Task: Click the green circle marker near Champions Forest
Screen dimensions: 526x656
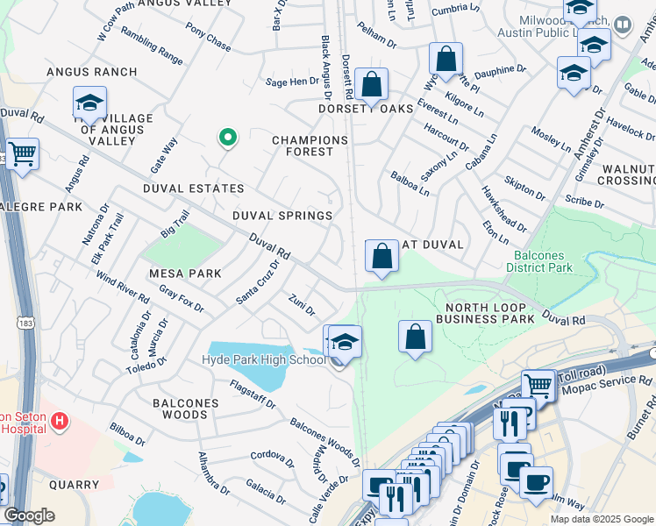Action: point(227,137)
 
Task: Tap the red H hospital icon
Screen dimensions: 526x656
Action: point(60,422)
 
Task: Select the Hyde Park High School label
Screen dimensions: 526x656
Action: point(264,360)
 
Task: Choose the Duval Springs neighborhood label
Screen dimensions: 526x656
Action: point(282,216)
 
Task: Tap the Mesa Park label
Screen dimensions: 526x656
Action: point(185,274)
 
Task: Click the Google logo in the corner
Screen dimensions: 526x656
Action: point(29,515)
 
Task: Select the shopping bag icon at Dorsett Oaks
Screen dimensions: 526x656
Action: point(372,85)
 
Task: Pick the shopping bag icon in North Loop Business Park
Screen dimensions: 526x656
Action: point(415,337)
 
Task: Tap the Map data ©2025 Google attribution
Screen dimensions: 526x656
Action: point(602,519)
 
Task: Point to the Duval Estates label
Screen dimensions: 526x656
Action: point(192,188)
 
